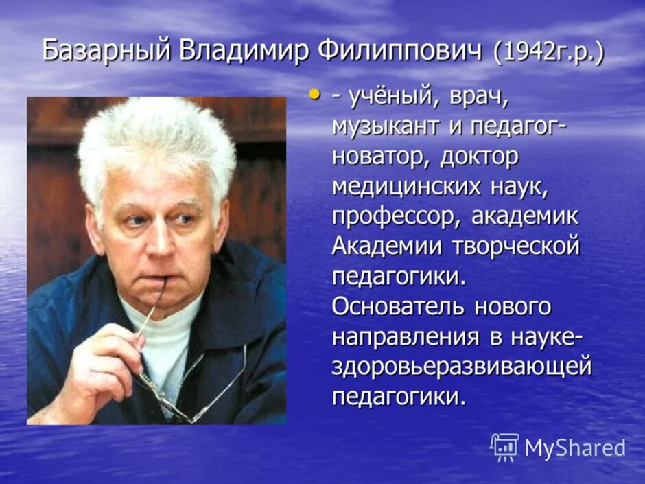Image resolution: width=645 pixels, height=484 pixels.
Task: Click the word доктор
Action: click(x=480, y=157)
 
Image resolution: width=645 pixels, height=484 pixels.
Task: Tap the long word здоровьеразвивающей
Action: click(x=461, y=367)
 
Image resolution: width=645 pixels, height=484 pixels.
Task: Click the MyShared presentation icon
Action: click(x=504, y=448)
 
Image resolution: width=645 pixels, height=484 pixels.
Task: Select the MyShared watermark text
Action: click(x=575, y=448)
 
